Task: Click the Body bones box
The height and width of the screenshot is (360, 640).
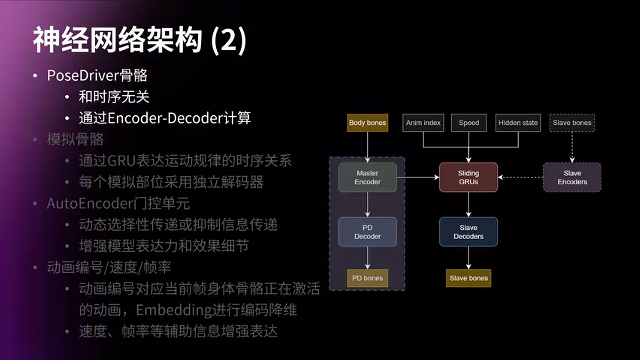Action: pos(367,123)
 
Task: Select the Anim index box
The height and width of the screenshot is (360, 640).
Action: pos(423,123)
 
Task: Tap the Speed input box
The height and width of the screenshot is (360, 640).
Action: pos(469,123)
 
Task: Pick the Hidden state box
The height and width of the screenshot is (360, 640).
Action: pos(518,123)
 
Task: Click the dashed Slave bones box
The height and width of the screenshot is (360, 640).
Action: pos(572,123)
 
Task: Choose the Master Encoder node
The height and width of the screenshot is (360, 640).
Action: pos(367,177)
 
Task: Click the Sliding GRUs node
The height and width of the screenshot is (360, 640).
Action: pos(468,177)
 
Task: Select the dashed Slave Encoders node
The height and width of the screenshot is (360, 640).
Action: pos(572,177)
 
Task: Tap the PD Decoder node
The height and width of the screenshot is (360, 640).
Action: pos(367,232)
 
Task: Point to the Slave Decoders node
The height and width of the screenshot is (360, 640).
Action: pos(468,232)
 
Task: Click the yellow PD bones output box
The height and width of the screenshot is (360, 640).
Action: pos(367,278)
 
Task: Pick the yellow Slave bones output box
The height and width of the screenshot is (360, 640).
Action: pos(468,278)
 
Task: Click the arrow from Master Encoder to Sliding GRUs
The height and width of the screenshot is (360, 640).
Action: pos(418,177)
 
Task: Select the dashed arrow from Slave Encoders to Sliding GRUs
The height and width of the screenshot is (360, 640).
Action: pos(520,177)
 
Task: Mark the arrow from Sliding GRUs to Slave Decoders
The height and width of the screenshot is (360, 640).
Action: pos(468,204)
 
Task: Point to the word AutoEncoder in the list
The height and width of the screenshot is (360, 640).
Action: pos(88,204)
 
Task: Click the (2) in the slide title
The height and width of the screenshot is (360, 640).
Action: pos(229,41)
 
